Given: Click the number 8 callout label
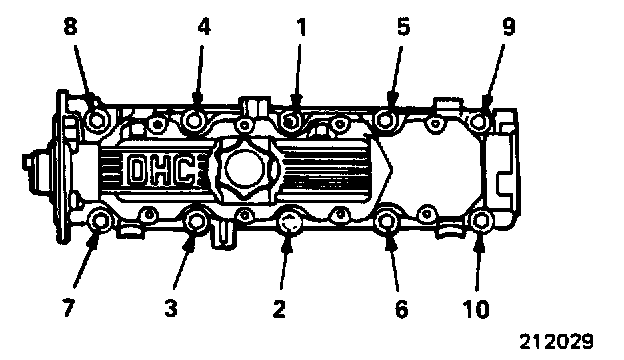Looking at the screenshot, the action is click(x=70, y=27).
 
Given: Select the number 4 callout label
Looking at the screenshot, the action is click(x=204, y=27).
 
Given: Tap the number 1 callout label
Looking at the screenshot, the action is click(x=302, y=27).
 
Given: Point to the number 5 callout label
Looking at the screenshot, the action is click(x=403, y=27).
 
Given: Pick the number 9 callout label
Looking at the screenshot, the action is click(x=509, y=27).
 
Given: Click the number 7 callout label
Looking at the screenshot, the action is click(x=68, y=308).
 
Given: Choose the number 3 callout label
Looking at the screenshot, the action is click(x=171, y=308).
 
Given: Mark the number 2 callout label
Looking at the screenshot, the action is click(x=279, y=308).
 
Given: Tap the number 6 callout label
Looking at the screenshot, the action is click(x=402, y=308).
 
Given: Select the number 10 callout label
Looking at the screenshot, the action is click(x=476, y=308).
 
